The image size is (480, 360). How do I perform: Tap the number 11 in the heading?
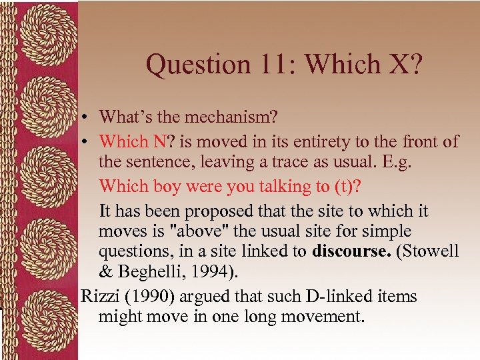click(x=278, y=65)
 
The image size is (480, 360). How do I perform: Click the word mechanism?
click(x=230, y=117)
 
